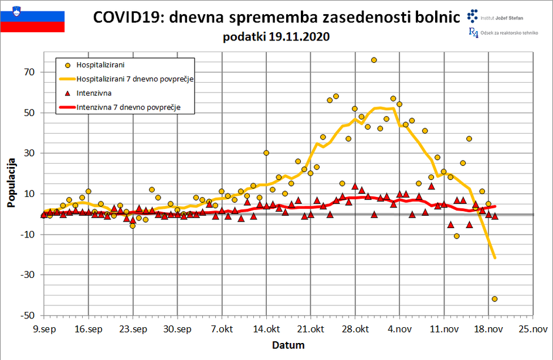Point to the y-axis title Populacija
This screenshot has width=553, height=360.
pyautogui.click(x=11, y=182)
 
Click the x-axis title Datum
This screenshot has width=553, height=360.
pyautogui.click(x=288, y=345)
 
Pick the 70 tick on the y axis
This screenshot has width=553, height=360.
pyautogui.click(x=29, y=72)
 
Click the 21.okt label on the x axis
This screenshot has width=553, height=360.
pyautogui.click(x=310, y=329)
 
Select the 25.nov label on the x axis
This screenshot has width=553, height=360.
pyautogui.click(x=532, y=329)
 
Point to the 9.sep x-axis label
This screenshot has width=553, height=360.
pyautogui.click(x=43, y=329)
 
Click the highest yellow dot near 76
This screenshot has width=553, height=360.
pyautogui.click(x=374, y=60)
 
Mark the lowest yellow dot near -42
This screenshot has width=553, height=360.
pyautogui.click(x=494, y=299)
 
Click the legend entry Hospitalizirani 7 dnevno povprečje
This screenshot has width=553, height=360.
pyautogui.click(x=135, y=79)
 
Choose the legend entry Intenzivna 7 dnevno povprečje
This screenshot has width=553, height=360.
pyautogui.click(x=128, y=107)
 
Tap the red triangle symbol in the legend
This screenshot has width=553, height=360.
pyautogui.click(x=67, y=93)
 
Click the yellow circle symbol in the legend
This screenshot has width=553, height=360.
pyautogui.click(x=67, y=64)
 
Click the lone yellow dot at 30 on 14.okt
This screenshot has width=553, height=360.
pyautogui.click(x=266, y=152)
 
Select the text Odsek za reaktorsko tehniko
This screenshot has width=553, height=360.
pyautogui.click(x=507, y=34)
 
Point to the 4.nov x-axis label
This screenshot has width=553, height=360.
pyautogui.click(x=399, y=329)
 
